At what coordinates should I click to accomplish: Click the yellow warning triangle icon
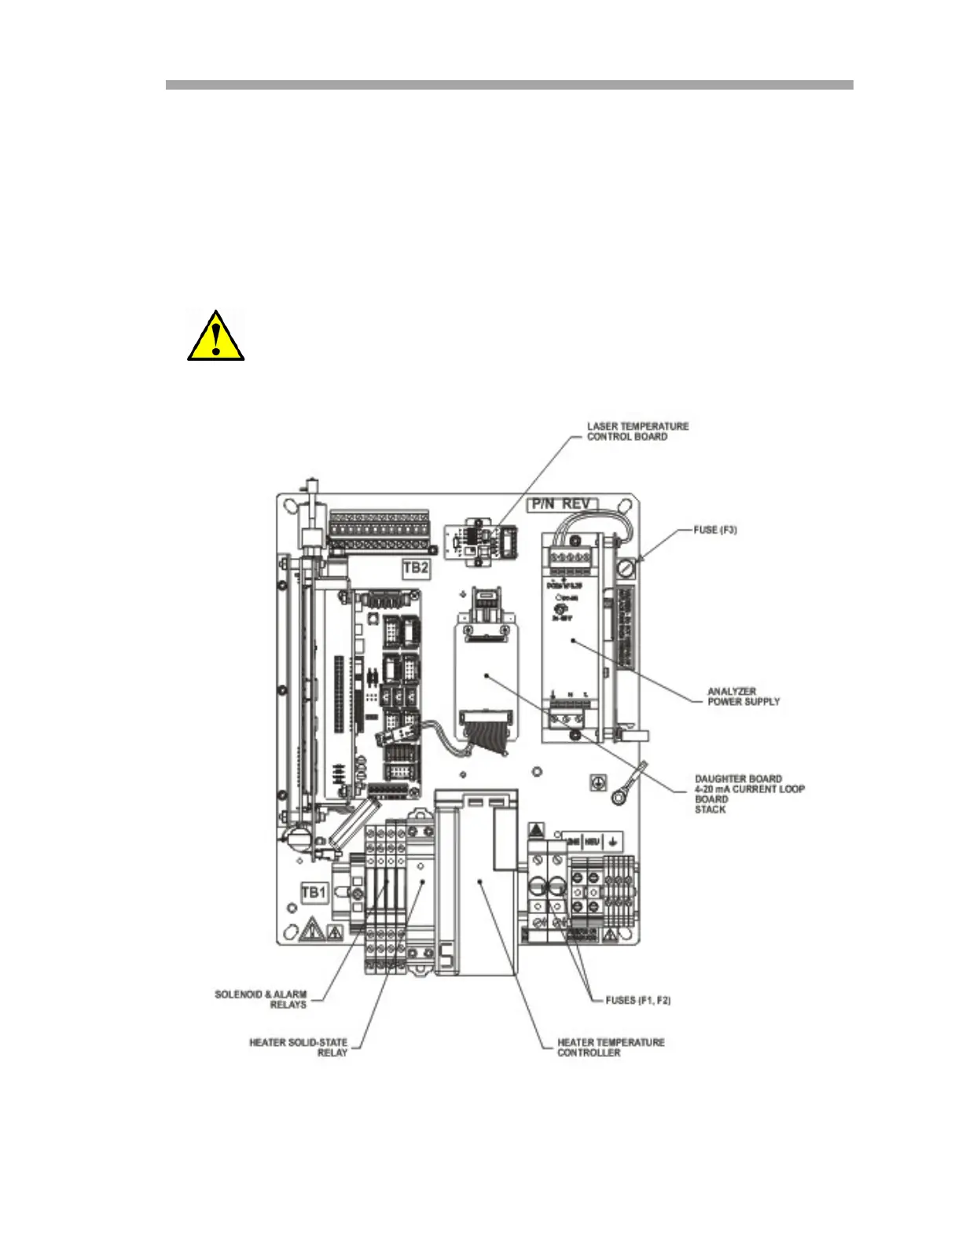(215, 336)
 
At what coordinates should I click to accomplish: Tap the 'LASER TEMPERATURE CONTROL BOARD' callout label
(637, 432)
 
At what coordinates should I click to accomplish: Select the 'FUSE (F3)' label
(714, 531)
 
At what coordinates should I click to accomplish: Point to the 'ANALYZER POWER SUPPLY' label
(744, 696)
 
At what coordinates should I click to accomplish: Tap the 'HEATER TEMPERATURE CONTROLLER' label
(611, 1047)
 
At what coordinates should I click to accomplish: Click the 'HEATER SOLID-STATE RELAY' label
(298, 1047)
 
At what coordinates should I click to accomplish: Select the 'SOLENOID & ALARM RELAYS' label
(261, 1000)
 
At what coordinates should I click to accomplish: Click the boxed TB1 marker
(314, 893)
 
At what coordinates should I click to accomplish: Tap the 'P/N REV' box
(563, 505)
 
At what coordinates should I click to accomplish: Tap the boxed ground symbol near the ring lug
(597, 784)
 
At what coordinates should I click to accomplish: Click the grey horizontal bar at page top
(509, 85)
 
